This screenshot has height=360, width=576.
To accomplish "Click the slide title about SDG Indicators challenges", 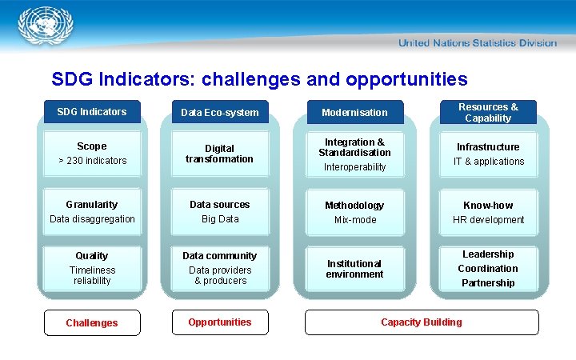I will point(259,79).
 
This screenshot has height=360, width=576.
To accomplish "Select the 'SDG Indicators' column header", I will point(91,112).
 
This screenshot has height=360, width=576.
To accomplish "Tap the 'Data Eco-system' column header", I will point(219,113).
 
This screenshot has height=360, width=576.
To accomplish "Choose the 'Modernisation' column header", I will point(354,113).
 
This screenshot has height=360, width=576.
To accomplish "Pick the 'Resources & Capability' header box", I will point(487,112).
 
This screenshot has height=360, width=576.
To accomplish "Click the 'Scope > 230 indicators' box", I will point(91,154).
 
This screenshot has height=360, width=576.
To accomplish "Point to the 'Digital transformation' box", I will point(219,154).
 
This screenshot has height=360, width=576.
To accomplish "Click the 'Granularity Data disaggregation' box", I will point(91,212).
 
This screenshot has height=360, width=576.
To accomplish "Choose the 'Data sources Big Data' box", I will point(219,212).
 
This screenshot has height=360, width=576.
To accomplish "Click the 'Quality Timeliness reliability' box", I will point(91,268).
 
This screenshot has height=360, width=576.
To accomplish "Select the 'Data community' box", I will point(219,268).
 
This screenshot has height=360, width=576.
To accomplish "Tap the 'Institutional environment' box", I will point(354,269).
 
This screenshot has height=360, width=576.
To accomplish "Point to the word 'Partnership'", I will point(488,283).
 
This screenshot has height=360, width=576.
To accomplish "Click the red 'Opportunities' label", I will point(219,322).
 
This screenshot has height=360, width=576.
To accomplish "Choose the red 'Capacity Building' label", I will point(421,322).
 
